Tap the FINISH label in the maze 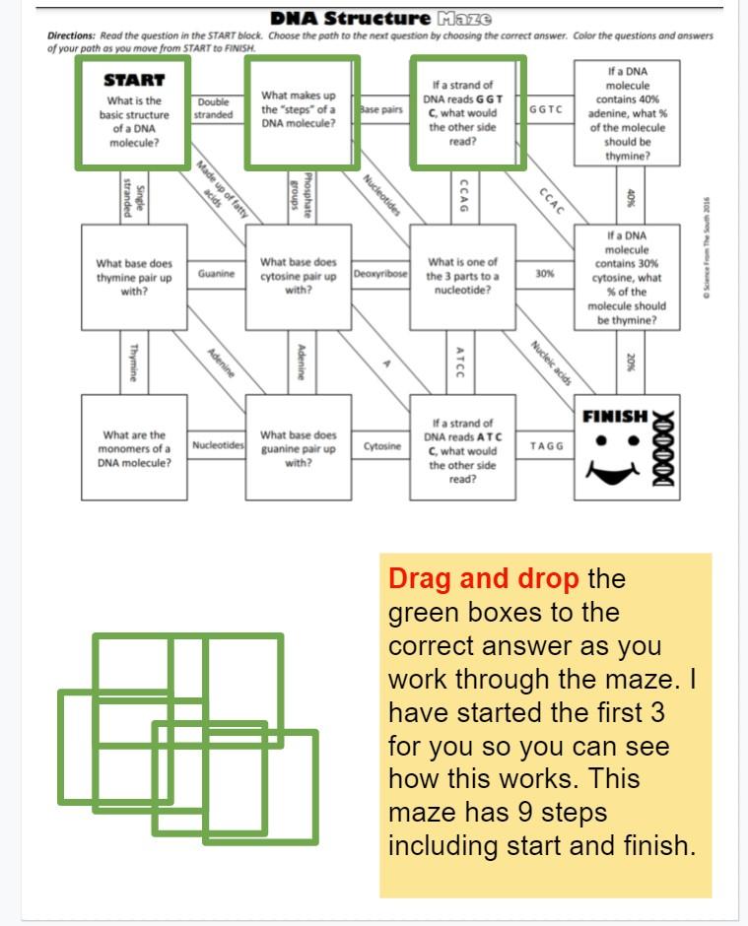[615, 416]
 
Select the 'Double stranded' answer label [214, 108]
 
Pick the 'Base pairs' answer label [381, 109]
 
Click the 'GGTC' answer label [545, 109]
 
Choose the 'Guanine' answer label [216, 274]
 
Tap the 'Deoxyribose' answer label [380, 274]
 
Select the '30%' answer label [544, 274]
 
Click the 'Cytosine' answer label [381, 446]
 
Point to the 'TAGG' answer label [546, 446]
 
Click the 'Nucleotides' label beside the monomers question [218, 446]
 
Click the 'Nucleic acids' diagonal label [551, 364]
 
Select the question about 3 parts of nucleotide [462, 276]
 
